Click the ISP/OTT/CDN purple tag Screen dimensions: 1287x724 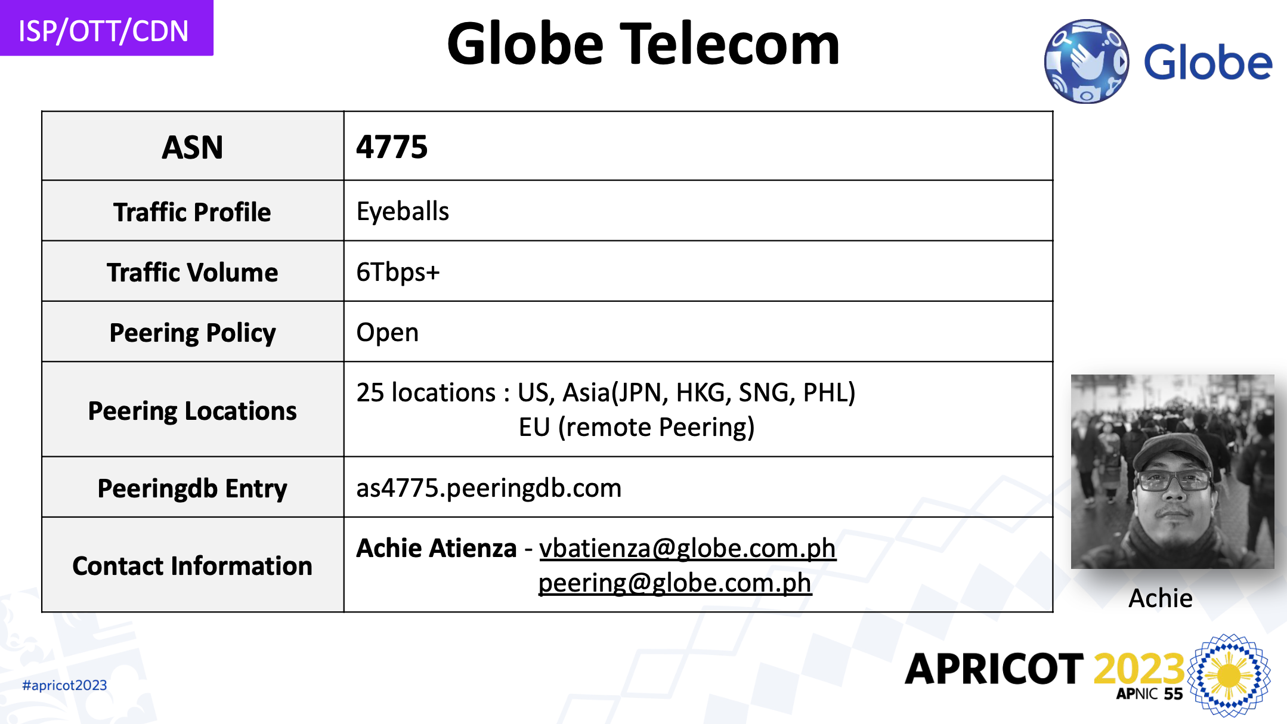pyautogui.click(x=106, y=28)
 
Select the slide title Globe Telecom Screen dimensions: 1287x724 pyautogui.click(x=643, y=44)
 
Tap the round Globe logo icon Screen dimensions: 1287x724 pyautogui.click(x=1086, y=61)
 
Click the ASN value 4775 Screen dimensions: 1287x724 pyautogui.click(x=392, y=147)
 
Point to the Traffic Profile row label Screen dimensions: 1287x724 pyautogui.click(x=192, y=212)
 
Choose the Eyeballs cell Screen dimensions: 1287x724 pyautogui.click(x=403, y=212)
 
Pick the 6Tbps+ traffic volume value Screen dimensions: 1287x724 pyautogui.click(x=398, y=272)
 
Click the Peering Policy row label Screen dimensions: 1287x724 pyautogui.click(x=192, y=333)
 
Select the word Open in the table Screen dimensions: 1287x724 pyautogui.click(x=387, y=333)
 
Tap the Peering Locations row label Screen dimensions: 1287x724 pyautogui.click(x=192, y=411)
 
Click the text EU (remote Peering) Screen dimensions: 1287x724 pyautogui.click(x=636, y=427)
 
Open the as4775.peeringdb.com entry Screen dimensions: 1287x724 pyautogui.click(x=488, y=488)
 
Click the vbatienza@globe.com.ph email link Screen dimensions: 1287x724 pyautogui.click(x=688, y=548)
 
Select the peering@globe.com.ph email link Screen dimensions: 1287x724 pyautogui.click(x=675, y=583)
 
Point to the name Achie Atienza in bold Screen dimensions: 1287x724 pyautogui.click(x=436, y=548)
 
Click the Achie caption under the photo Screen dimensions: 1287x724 pyautogui.click(x=1160, y=598)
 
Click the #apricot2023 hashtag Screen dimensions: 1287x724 pyautogui.click(x=64, y=685)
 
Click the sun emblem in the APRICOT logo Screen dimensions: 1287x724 pyautogui.click(x=1229, y=675)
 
